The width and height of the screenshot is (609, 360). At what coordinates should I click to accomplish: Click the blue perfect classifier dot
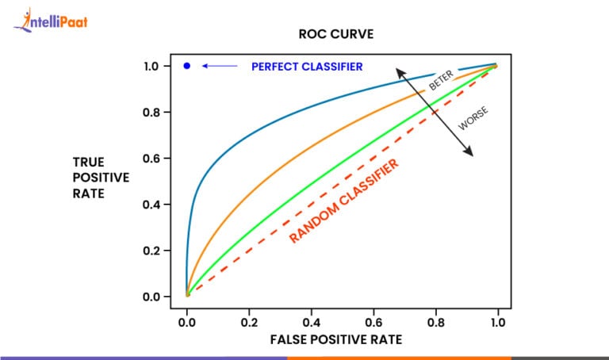click(187, 66)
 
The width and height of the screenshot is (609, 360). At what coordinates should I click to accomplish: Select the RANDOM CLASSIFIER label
click(343, 201)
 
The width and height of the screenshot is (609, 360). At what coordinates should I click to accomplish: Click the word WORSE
click(474, 119)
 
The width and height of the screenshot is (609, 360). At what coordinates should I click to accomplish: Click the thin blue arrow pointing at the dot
click(220, 66)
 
